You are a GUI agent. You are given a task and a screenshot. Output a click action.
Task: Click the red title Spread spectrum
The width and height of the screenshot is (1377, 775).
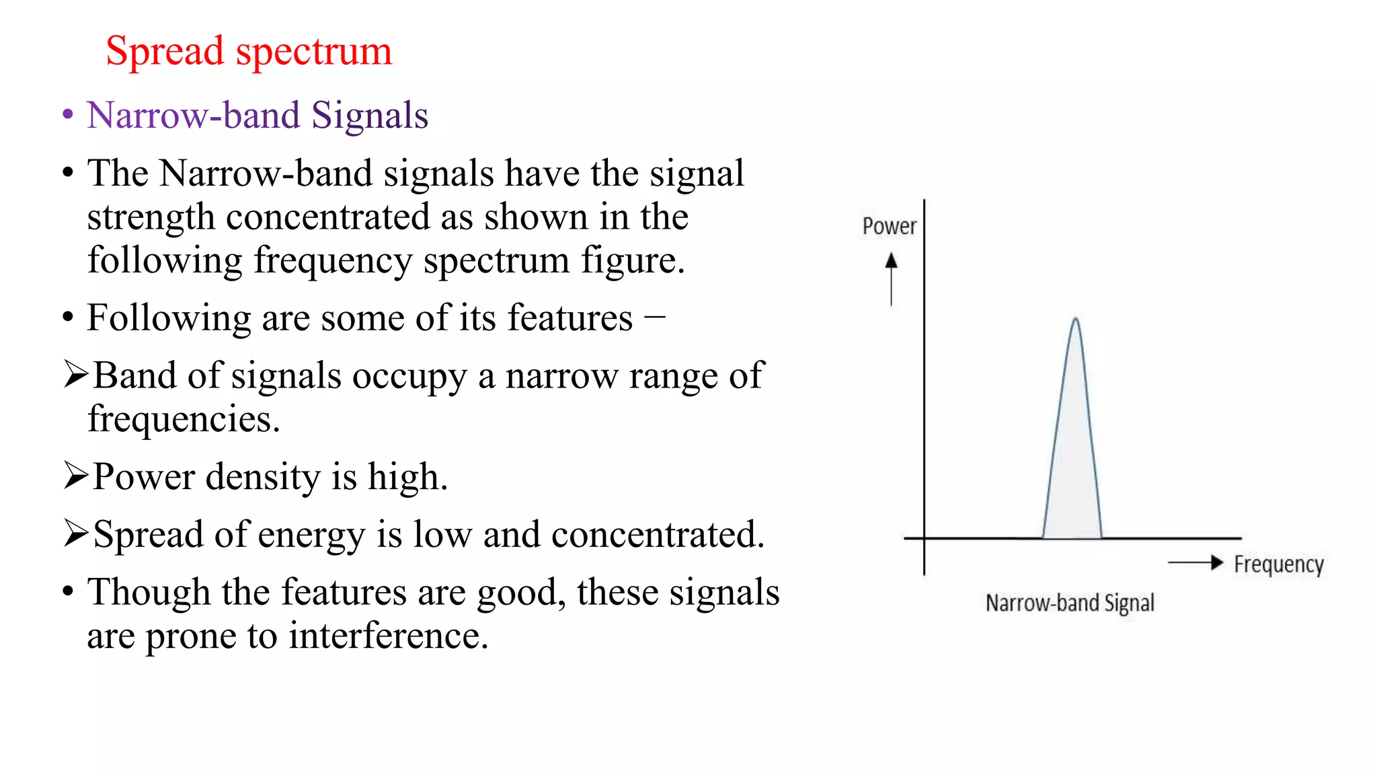[249, 51]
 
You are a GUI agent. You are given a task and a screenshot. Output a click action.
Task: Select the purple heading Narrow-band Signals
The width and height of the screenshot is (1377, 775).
[258, 115]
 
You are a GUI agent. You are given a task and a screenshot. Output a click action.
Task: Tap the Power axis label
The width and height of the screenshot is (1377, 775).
[889, 227]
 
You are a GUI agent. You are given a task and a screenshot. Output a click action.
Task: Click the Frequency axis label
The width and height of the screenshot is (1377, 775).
[1278, 564]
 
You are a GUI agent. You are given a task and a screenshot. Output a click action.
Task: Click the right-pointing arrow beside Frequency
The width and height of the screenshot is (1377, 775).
[1196, 562]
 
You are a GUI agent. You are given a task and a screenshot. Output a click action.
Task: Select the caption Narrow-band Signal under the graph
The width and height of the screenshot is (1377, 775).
[1070, 603]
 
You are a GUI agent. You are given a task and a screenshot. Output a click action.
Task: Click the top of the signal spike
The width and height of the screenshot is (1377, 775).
[1076, 319]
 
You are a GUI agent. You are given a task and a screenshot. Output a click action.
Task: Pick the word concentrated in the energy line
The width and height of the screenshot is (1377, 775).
[658, 535]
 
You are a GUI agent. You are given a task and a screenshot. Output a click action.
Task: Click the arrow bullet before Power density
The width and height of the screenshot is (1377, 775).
[75, 476]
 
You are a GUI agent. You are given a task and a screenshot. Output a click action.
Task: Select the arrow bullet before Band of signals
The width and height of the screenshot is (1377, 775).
[75, 374]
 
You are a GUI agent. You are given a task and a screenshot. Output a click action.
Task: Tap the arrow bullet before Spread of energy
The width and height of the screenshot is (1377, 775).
[75, 533]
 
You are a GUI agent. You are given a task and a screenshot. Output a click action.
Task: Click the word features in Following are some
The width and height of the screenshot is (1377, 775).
[569, 318]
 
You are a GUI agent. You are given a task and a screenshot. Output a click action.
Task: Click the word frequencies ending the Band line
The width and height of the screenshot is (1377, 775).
[183, 419]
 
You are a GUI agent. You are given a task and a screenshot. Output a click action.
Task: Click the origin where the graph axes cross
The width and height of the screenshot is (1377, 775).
[924, 538]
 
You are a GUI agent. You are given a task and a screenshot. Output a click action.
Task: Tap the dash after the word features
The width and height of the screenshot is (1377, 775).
[654, 315]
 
